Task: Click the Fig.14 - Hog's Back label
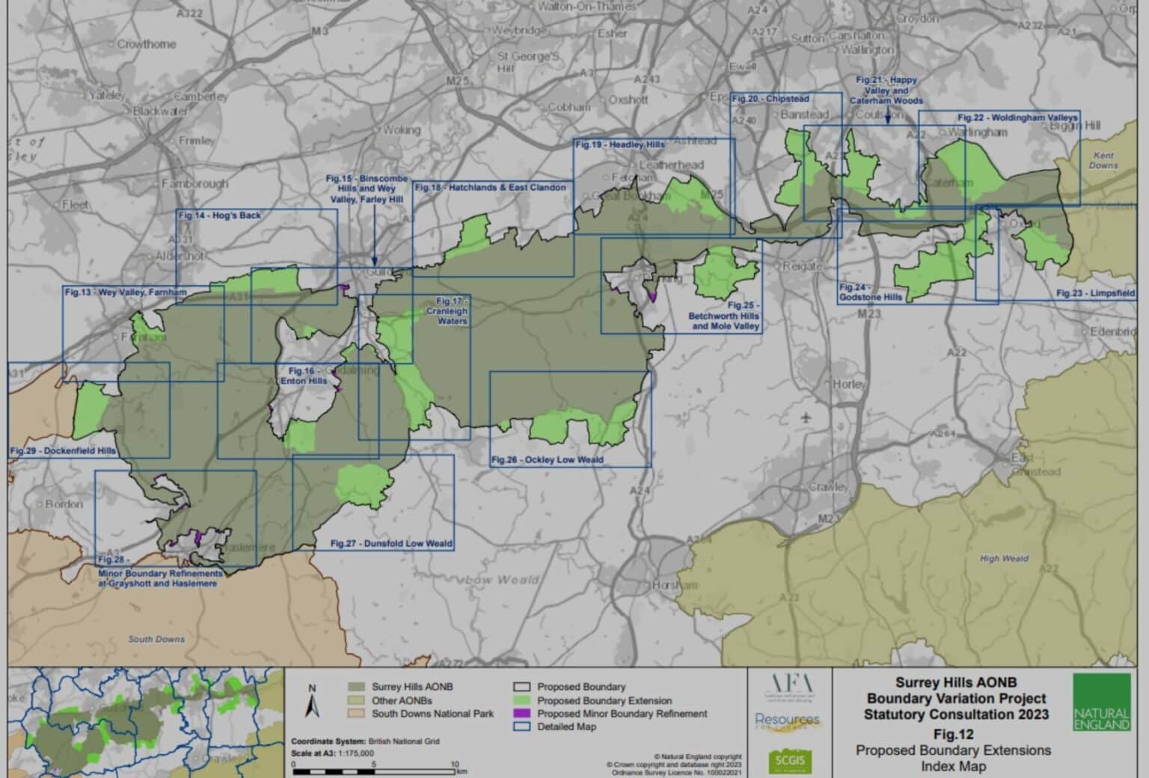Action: [220, 215]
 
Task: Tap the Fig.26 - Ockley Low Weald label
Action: [548, 459]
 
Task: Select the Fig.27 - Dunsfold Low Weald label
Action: [391, 544]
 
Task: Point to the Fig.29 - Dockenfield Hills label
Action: [63, 451]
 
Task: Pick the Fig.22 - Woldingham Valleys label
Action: [1017, 118]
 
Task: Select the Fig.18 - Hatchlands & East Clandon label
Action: [490, 188]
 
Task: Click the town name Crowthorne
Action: [147, 44]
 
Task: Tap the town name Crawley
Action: [828, 487]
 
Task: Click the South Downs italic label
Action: [156, 639]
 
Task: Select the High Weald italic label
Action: [1004, 558]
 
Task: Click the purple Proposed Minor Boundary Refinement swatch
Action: [522, 714]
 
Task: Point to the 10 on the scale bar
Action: [455, 764]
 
